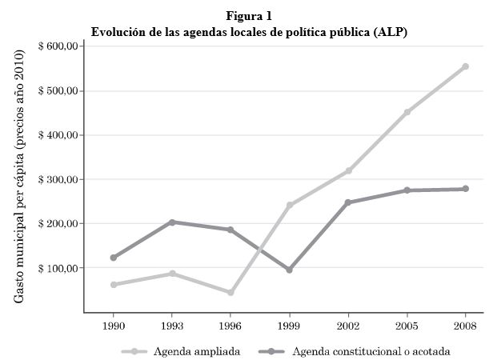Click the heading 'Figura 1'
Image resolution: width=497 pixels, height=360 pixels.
coord(249,16)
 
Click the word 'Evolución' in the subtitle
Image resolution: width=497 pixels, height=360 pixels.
coord(118,32)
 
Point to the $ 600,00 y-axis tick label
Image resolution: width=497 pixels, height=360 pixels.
coord(57,46)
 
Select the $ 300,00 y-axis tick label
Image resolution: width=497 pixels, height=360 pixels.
coord(57,180)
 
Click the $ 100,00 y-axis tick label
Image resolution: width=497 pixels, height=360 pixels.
coord(57,269)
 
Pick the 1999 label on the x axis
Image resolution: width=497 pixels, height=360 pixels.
coord(289,326)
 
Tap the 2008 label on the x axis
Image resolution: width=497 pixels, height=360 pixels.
coord(465,326)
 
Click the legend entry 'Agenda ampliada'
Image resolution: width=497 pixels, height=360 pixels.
coord(197,351)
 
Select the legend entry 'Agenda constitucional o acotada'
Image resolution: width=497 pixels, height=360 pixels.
coord(371,351)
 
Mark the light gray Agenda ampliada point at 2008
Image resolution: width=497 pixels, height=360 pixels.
coord(465,66)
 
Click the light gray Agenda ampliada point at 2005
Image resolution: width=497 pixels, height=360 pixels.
coord(407,112)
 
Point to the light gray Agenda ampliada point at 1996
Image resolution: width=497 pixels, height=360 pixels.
coord(230,293)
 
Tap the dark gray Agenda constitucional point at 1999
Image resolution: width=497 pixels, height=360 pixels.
coord(289,270)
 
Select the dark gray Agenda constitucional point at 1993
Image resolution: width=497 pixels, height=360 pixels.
coord(172,222)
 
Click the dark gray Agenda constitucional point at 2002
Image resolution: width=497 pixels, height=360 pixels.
coord(348,202)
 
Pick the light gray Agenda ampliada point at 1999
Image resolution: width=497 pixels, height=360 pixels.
coord(289,206)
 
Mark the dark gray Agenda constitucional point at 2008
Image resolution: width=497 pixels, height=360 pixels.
coord(465,189)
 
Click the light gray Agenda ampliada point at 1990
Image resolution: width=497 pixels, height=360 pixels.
coord(114,285)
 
